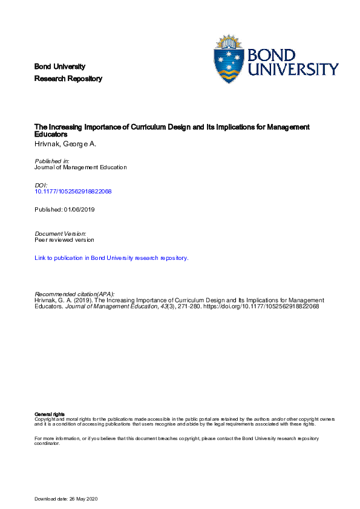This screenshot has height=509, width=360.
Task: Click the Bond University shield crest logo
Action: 231,60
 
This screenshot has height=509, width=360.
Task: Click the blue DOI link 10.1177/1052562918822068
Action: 74,191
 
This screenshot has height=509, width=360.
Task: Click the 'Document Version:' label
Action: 61,233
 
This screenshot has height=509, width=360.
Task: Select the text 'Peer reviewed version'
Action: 65,239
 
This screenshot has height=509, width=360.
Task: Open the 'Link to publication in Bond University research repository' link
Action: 112,258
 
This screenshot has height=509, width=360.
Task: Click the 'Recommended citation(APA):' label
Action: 75,293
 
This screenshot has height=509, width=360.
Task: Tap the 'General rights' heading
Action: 50,413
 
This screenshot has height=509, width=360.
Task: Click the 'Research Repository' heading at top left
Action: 68,79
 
